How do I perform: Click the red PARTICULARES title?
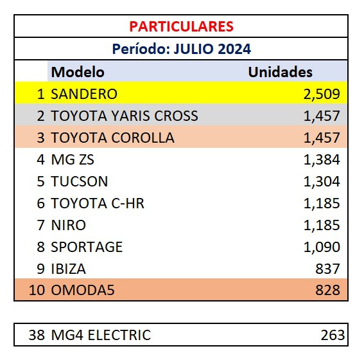coord(181,26)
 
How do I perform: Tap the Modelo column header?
coord(78,72)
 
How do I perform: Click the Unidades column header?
coord(280,72)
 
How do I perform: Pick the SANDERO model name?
coord(84,94)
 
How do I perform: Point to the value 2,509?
coord(322,94)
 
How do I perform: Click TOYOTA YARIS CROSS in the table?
coord(125,116)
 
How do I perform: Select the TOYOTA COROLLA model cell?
coord(112,138)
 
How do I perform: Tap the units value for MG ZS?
coord(322,159)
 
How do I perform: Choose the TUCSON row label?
coord(80,181)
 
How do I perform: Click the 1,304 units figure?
coord(322,181)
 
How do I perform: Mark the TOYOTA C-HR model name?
coord(98,203)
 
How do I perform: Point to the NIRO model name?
coord(69,225)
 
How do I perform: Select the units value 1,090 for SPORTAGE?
coord(322,247)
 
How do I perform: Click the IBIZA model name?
coord(69,269)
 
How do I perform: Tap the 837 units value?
coord(327,269)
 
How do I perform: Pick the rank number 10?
coord(37,290)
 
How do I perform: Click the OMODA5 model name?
coord(83,290)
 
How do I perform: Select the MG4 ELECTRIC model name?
coord(101,335)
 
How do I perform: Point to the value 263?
coord(333,335)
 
